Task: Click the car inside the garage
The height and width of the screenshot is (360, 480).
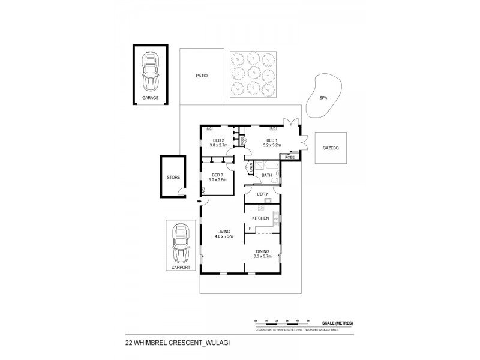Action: coord(149,71)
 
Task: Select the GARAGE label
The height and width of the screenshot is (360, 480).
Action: coord(150,97)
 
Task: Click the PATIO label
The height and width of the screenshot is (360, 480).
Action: coord(202,76)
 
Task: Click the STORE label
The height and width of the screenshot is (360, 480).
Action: coord(173,178)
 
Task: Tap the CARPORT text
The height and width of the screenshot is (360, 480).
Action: coord(180,268)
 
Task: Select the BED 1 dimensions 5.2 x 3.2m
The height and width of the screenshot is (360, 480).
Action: coord(274,145)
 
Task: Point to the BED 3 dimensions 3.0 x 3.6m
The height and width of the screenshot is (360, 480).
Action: coord(217,180)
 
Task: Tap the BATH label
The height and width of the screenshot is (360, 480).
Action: coord(267,175)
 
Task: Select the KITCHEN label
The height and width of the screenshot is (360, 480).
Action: coord(260,218)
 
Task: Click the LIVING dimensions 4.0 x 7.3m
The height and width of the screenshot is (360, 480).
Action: coord(223,236)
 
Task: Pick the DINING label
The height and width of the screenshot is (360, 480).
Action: coord(262,251)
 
